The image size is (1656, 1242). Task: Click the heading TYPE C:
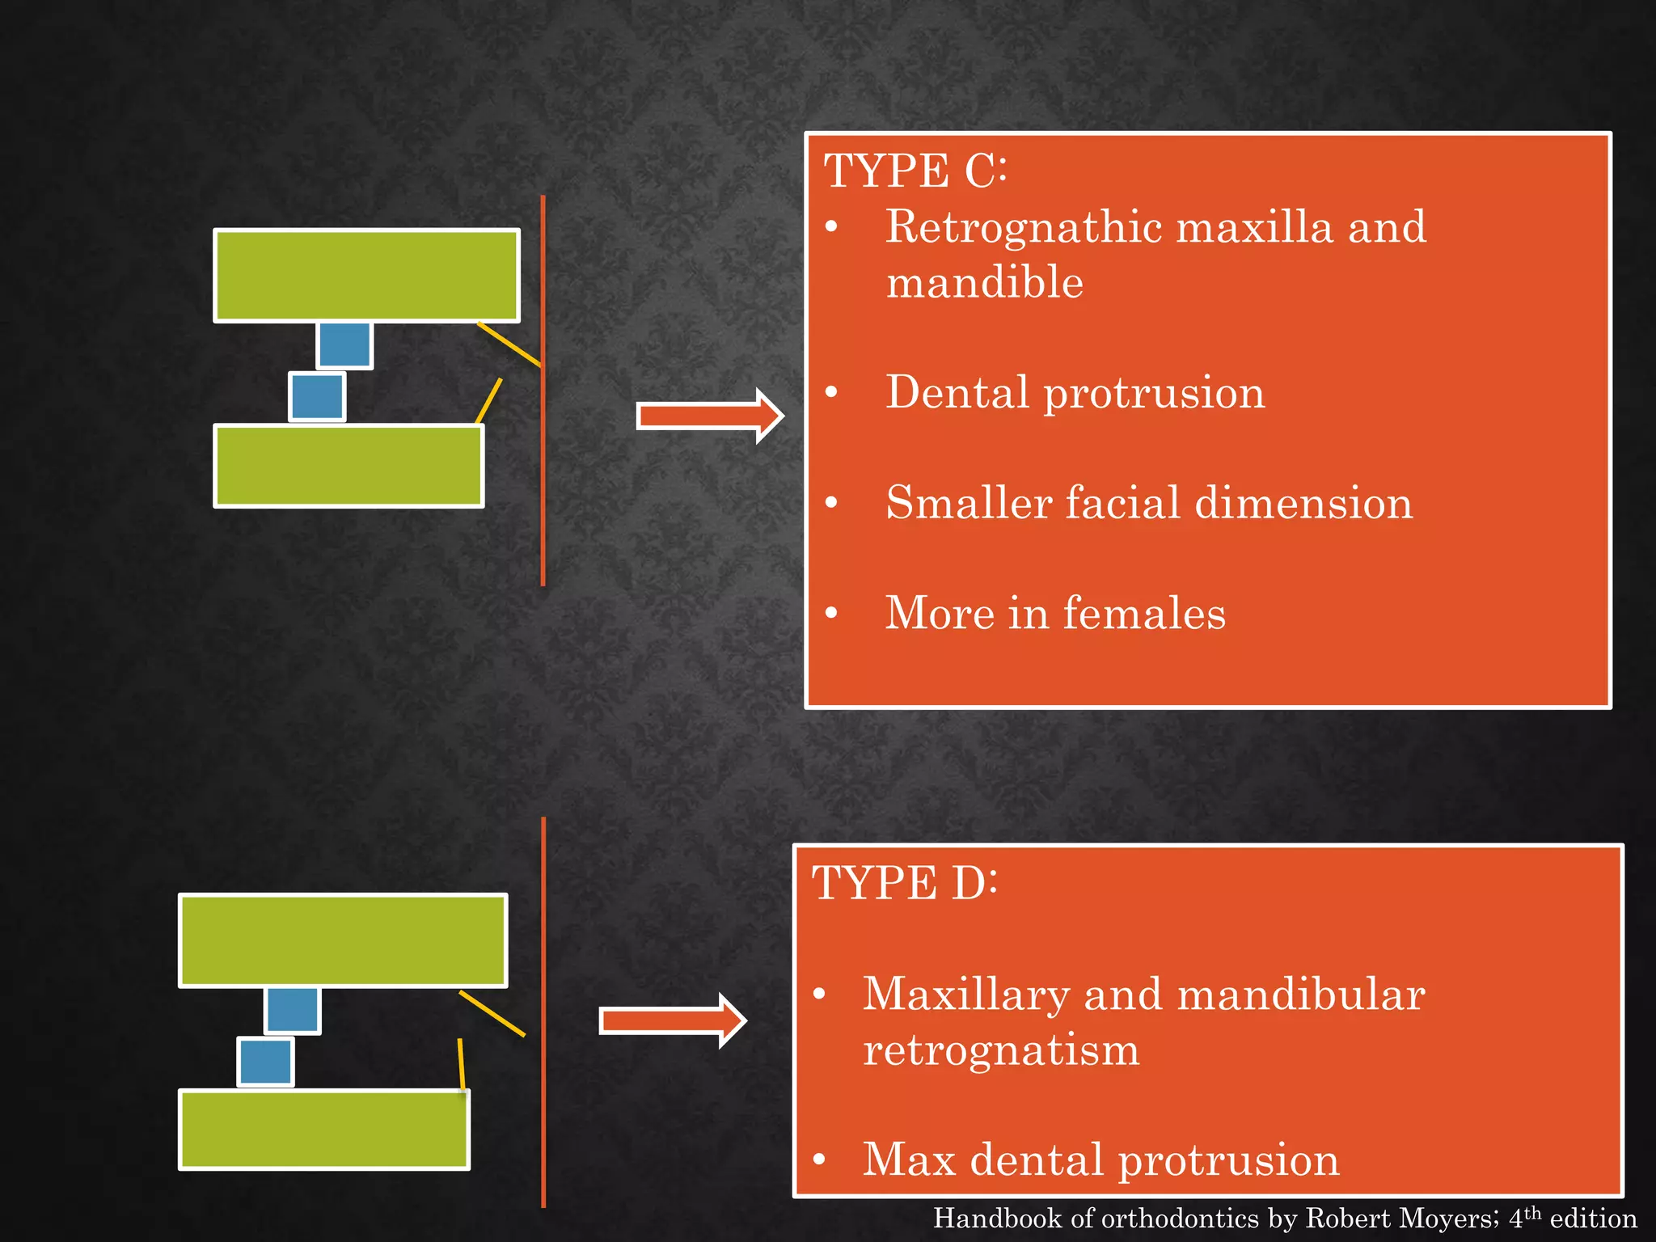pyautogui.click(x=915, y=171)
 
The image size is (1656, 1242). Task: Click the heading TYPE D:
pyautogui.click(x=904, y=883)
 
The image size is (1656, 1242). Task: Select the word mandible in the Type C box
pyautogui.click(x=984, y=283)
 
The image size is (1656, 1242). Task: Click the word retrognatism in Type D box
pyautogui.click(x=1000, y=1050)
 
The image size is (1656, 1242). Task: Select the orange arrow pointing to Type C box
pyautogui.click(x=708, y=416)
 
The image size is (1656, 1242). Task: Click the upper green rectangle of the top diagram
pyautogui.click(x=365, y=276)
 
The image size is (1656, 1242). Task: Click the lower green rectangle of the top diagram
pyautogui.click(x=349, y=466)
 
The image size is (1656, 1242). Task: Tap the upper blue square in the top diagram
pyautogui.click(x=344, y=345)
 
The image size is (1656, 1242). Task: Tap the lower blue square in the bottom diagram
pyautogui.click(x=265, y=1062)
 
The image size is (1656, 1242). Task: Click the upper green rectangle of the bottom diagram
pyautogui.click(x=343, y=940)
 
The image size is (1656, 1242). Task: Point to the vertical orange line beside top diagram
pyautogui.click(x=543, y=485)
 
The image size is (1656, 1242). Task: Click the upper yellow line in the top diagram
pyautogui.click(x=509, y=344)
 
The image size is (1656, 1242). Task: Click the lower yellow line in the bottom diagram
pyautogui.click(x=461, y=1064)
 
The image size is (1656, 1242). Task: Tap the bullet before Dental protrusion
pyautogui.click(x=831, y=393)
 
